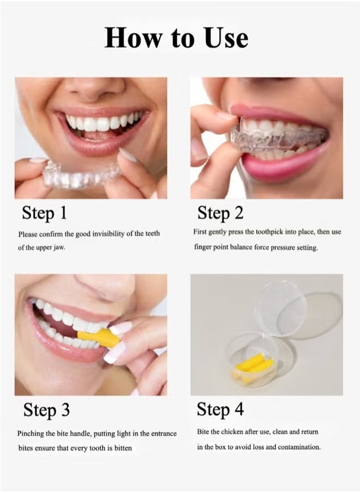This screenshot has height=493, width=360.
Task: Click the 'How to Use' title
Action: click(x=176, y=38)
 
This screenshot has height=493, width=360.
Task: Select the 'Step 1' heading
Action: click(x=45, y=213)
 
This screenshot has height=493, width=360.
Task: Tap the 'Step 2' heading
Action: click(x=220, y=213)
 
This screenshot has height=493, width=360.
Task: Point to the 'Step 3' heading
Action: click(x=46, y=410)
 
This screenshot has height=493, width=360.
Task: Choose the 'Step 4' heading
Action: click(x=221, y=409)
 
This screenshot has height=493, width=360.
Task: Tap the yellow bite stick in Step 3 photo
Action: click(x=98, y=339)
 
